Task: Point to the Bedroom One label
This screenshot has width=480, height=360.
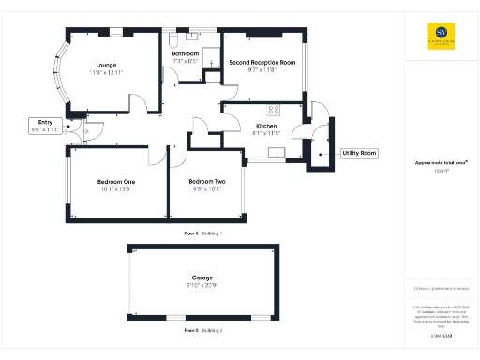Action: [x=116, y=181]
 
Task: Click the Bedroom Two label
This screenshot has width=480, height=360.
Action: [x=206, y=181]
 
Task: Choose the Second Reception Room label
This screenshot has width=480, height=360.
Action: [x=262, y=62]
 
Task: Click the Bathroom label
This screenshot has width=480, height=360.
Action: [x=186, y=54]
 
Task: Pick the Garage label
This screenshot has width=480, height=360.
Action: [x=202, y=277]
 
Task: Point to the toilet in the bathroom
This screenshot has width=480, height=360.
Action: [x=174, y=41]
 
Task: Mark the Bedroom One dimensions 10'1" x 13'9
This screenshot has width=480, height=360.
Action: [x=116, y=189]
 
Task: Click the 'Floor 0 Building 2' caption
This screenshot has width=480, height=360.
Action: [x=202, y=331]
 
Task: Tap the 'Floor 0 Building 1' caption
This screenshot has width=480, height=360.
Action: [x=202, y=231]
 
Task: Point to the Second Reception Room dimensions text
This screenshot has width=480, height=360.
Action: [x=262, y=70]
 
